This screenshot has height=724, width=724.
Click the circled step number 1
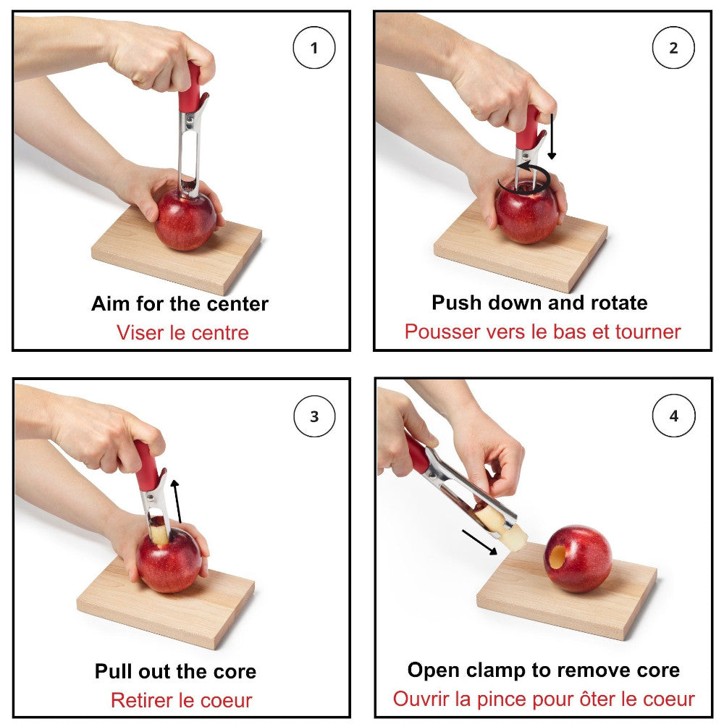point(313,49)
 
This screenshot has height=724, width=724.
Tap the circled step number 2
point(673,49)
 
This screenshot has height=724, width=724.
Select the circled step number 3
point(313,416)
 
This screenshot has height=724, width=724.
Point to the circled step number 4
point(673,416)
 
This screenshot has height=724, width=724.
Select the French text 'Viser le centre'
point(182,333)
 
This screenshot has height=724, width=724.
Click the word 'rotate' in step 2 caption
point(617,303)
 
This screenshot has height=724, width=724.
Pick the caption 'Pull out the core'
point(175,671)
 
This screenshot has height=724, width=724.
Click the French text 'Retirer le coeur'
point(181,700)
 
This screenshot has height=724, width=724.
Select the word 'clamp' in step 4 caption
point(500,670)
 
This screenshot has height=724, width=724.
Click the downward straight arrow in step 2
point(551,135)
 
